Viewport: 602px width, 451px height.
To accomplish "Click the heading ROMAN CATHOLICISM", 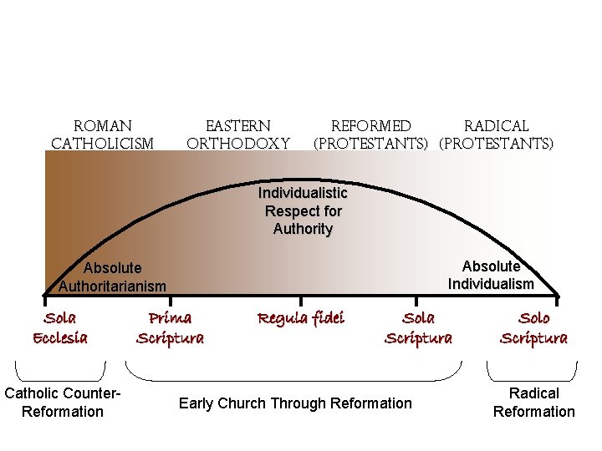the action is click(x=103, y=134).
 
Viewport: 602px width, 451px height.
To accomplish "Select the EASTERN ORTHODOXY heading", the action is click(x=238, y=134).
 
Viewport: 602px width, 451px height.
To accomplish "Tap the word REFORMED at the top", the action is click(x=371, y=126).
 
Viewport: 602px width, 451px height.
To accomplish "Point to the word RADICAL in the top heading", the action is click(x=497, y=126).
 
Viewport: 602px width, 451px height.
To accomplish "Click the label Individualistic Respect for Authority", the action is click(x=303, y=211).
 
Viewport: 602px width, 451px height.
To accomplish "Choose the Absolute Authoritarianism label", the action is click(x=113, y=277).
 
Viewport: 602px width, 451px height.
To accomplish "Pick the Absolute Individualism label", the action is click(x=491, y=275).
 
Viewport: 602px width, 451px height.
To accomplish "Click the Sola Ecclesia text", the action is click(x=59, y=327).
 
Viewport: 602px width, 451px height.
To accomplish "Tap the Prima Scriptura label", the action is click(x=170, y=327).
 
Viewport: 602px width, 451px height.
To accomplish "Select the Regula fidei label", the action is click(x=301, y=318).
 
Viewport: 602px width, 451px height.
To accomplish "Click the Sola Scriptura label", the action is click(x=418, y=327).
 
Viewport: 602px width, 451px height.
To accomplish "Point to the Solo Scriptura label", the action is click(x=533, y=327).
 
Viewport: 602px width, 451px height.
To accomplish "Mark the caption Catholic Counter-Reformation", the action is click(x=64, y=402).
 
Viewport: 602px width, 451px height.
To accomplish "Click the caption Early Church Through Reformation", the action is click(x=295, y=403).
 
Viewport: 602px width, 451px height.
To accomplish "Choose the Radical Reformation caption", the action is click(x=533, y=402).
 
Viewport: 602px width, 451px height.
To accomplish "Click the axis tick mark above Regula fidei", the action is click(x=301, y=296).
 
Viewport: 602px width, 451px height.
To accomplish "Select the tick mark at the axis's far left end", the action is click(x=45, y=296).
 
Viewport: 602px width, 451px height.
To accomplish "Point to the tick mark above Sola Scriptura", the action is click(x=416, y=296).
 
